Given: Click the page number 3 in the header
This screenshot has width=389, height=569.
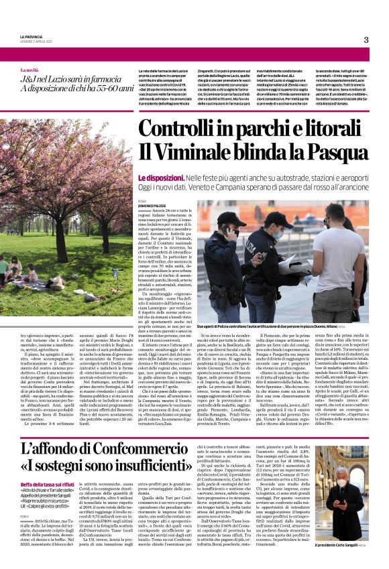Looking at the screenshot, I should (x=366, y=40).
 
